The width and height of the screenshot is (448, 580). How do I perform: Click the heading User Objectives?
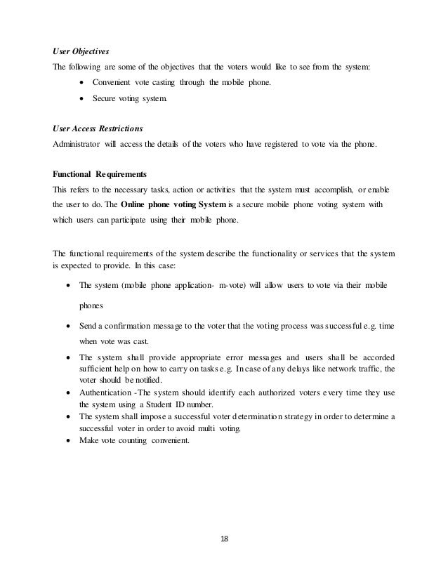(x=82, y=51)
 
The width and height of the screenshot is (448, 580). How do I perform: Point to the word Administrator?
(x=79, y=145)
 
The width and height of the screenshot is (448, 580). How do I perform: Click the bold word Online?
(x=133, y=205)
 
